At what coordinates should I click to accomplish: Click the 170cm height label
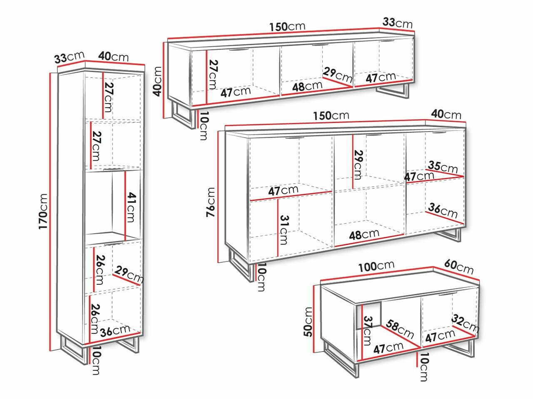coord(43,211)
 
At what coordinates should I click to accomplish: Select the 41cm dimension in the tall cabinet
coord(131,207)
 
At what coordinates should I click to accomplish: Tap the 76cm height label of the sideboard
coord(210,202)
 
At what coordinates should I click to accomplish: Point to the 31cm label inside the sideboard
coord(284,230)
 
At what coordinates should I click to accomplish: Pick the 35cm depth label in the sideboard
coord(443,167)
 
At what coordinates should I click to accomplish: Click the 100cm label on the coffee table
coord(376,266)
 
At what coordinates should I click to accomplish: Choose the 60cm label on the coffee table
coord(459,267)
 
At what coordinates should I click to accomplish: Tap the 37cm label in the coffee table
coord(367,331)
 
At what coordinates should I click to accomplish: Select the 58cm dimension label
coord(400,329)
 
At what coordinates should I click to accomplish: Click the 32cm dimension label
coord(465,323)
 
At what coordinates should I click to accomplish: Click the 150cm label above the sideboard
coord(331,116)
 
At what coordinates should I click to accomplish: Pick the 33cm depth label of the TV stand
coord(398,23)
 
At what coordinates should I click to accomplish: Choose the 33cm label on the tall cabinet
coord(69,57)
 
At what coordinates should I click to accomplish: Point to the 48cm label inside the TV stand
coord(307,86)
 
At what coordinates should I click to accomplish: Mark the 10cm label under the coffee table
coord(424,367)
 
